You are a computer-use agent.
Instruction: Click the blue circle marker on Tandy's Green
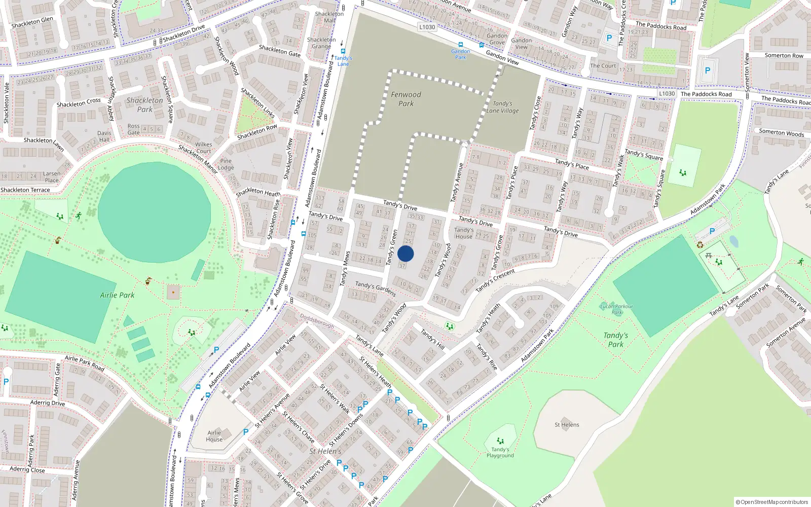pyautogui.click(x=405, y=253)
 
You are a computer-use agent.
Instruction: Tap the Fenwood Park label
pyautogui.click(x=405, y=99)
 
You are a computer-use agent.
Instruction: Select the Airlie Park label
pyautogui.click(x=117, y=295)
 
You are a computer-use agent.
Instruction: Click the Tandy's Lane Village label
pyautogui.click(x=502, y=107)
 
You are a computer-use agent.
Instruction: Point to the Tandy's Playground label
pyautogui.click(x=500, y=452)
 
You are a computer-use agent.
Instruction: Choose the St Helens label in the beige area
pyautogui.click(x=567, y=425)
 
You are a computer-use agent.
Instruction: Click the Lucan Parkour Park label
pyautogui.click(x=616, y=309)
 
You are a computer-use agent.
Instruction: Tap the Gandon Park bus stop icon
pyautogui.click(x=460, y=45)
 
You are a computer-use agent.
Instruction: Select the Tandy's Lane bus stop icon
pyautogui.click(x=343, y=51)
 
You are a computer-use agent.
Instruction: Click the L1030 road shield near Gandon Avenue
pyautogui.click(x=427, y=27)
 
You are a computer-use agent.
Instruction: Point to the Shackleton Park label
pyautogui.click(x=145, y=104)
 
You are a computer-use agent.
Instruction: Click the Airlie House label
pyautogui.click(x=214, y=436)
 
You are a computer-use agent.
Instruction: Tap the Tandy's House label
pyautogui.click(x=464, y=233)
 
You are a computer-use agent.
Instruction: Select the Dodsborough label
pyautogui.click(x=317, y=320)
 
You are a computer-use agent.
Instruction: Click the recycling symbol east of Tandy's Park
pyautogui.click(x=700, y=245)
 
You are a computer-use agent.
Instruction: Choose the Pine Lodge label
pyautogui.click(x=226, y=164)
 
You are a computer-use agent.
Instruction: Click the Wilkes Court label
pyautogui.click(x=204, y=148)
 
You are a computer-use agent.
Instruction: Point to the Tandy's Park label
pyautogui.click(x=616, y=340)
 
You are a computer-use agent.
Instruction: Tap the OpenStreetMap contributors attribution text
pyautogui.click(x=772, y=502)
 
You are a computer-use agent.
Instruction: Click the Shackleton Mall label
pyautogui.click(x=329, y=17)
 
